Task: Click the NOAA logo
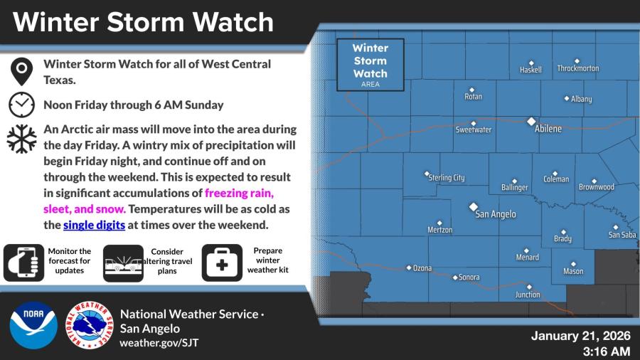tap(33, 325)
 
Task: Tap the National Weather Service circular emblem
tap(90, 325)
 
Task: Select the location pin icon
tap(21, 71)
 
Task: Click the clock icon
tap(21, 105)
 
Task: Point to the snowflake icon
tap(21, 139)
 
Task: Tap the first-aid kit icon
tap(222, 263)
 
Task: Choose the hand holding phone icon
tap(23, 263)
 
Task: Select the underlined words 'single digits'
tap(94, 225)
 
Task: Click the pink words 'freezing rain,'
tap(239, 193)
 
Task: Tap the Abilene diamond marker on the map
tap(531, 122)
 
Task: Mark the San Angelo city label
tap(496, 214)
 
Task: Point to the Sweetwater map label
tap(474, 129)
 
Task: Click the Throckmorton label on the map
tap(578, 68)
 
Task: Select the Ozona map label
tap(422, 268)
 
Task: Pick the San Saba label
tap(622, 235)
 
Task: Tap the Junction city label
tap(528, 295)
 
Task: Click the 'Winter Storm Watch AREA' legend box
tap(370, 65)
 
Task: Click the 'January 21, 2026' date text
tap(581, 336)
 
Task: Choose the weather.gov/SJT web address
tap(159, 343)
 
